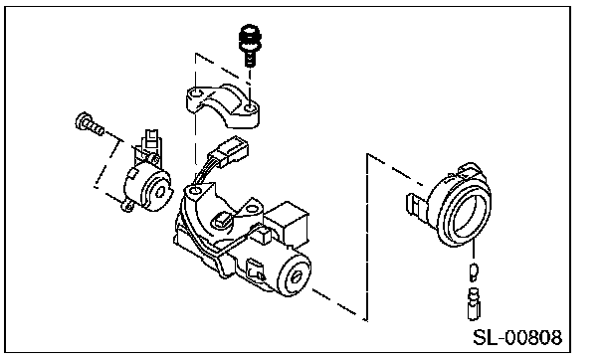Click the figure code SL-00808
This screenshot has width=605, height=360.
(x=517, y=338)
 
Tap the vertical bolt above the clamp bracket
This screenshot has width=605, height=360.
(x=250, y=45)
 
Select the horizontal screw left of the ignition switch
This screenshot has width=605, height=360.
(x=90, y=123)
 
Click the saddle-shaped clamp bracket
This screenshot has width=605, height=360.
(x=223, y=105)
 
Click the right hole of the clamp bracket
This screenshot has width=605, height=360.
(x=250, y=108)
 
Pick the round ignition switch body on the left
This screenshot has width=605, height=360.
(x=148, y=186)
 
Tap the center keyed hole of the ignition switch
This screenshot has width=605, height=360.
(x=161, y=192)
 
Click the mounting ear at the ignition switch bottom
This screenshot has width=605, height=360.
(x=127, y=206)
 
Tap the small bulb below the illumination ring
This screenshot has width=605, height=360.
(x=474, y=271)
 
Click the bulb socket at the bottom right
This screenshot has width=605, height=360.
(x=474, y=304)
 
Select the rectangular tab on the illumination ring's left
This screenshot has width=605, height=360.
(x=417, y=204)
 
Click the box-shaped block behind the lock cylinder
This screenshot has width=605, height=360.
(x=288, y=223)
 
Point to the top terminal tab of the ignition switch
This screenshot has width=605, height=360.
(x=151, y=139)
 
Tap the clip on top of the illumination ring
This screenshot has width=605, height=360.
(x=469, y=170)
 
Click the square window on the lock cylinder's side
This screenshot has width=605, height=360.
(x=255, y=269)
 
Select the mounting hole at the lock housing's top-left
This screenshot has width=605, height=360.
(x=196, y=190)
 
